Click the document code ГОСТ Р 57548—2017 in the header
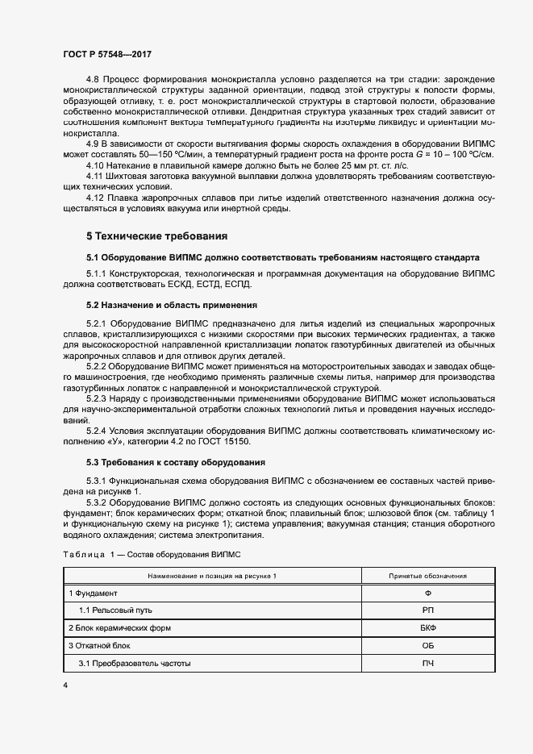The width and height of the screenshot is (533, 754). [107, 53]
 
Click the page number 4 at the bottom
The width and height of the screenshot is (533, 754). [65, 685]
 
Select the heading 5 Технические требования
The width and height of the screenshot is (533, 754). [156, 236]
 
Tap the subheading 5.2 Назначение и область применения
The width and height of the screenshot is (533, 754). [171, 306]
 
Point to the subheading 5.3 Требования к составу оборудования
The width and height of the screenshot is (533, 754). [177, 462]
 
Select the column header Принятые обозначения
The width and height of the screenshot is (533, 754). [427, 576]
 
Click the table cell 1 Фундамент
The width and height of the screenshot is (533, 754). [93, 594]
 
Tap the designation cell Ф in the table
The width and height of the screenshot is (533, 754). [427, 594]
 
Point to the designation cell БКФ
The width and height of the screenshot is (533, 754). [427, 628]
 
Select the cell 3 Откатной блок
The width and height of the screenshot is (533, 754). [98, 646]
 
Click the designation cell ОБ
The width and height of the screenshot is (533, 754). [427, 646]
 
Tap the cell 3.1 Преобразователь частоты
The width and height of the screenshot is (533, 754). [135, 663]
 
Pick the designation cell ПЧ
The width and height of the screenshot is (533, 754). [427, 663]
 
